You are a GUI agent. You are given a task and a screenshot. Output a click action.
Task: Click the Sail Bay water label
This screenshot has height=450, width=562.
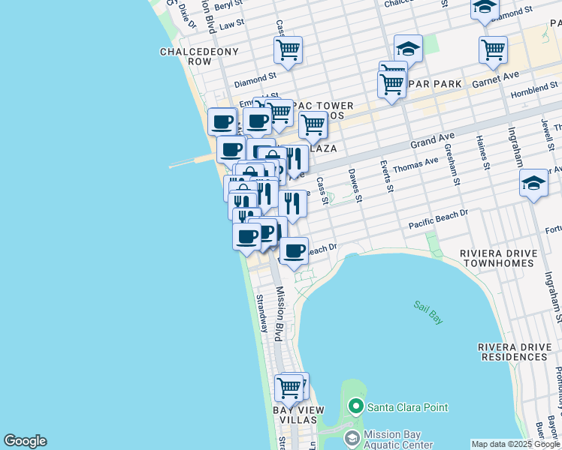pos(428,311)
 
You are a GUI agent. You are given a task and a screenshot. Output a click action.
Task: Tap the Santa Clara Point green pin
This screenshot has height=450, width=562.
pos(357,408)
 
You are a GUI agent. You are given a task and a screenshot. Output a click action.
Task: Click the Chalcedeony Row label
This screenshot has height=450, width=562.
pos(199,56)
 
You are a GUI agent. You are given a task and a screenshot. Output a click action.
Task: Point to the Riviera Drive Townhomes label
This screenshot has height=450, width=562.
pos(500,259)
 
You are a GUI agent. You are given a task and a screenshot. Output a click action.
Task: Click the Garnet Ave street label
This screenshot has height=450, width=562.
pos(496,79)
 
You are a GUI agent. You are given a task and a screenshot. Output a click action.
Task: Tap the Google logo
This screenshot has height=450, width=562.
pos(25,441)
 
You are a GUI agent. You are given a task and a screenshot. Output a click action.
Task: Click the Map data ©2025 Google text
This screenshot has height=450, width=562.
pos(515,444)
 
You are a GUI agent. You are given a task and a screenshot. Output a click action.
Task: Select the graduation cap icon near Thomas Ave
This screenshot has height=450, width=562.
pos(533,184)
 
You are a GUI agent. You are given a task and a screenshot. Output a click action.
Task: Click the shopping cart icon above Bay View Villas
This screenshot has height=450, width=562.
pos(289,388)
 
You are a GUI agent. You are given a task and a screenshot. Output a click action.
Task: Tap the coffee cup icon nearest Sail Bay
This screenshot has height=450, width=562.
pos(295,250)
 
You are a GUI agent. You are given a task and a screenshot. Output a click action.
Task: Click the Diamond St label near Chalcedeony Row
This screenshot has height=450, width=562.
pos(255,78)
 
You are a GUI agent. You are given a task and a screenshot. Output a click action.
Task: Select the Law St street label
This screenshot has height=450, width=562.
pos(233,23)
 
